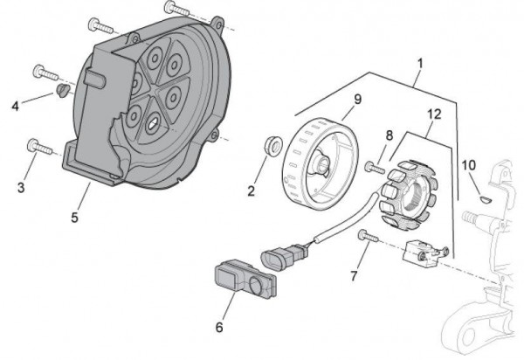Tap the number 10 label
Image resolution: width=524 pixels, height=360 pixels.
(x=468, y=164)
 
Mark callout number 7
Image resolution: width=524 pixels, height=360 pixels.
(x=353, y=276)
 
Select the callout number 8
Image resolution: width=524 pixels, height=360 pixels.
(x=390, y=135)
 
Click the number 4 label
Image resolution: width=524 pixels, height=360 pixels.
(x=15, y=106)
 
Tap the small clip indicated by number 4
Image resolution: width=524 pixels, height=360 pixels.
(x=62, y=90)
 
